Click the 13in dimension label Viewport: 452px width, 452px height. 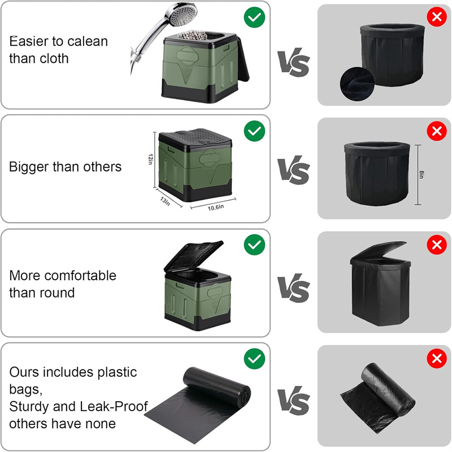[x=164, y=201]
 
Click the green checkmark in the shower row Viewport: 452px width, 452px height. [x=254, y=17]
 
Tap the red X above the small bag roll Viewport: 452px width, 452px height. [x=436, y=358]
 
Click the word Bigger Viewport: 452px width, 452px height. [x=28, y=167]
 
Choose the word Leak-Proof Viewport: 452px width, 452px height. [x=120, y=407]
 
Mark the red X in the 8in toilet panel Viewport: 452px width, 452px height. [x=436, y=132]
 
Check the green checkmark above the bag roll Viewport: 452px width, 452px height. [x=254, y=358]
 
